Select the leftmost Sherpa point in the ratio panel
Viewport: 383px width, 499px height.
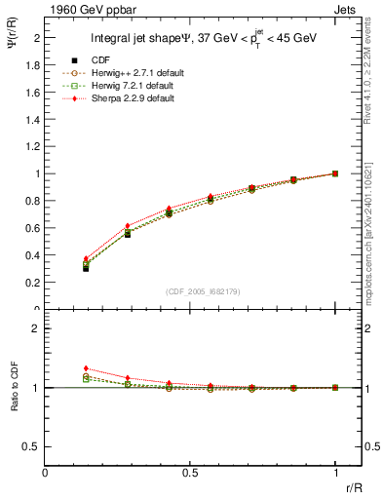point(86,368)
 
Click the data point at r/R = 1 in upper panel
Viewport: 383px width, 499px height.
point(335,173)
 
